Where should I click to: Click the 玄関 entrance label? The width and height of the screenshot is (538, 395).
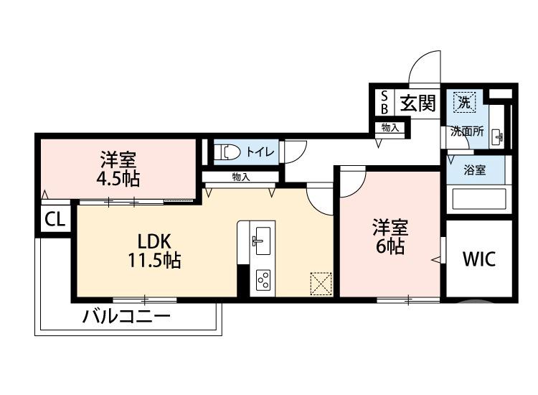coord(417,103)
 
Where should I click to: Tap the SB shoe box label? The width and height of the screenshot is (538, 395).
coord(384,103)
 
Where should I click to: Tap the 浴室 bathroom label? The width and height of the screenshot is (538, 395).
coord(474,171)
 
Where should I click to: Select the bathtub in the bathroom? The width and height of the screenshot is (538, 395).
coord(478,199)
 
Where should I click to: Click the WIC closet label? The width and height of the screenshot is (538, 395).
coord(478,259)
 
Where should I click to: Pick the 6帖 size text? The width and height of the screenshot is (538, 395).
coord(390,247)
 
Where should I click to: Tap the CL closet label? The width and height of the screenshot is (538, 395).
coord(55,220)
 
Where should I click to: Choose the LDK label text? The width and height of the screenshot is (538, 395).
coord(152,241)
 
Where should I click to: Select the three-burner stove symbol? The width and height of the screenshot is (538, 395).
coord(262,279)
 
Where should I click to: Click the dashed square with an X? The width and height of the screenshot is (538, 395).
coord(321,283)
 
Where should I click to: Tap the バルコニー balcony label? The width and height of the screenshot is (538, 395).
coord(126,316)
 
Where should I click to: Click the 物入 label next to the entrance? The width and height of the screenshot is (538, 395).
coord(390,128)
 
